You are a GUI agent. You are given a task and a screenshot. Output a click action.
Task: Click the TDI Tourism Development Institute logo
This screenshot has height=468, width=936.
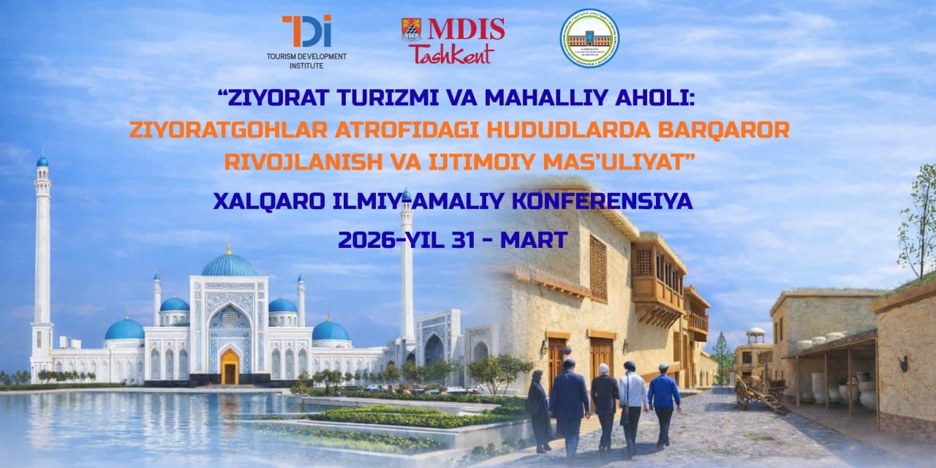tap(306, 41)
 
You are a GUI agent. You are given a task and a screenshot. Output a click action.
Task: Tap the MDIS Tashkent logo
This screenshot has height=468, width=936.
tap(453, 40)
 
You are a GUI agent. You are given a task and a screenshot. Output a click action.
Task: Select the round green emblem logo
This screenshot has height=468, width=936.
tap(589, 38)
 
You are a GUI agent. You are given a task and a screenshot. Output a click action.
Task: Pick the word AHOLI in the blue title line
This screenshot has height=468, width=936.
tap(670, 96)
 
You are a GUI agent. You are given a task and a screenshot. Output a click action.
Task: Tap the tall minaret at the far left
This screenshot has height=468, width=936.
tap(42, 249)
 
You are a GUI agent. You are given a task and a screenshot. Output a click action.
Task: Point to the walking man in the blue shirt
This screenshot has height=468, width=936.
tap(664, 399)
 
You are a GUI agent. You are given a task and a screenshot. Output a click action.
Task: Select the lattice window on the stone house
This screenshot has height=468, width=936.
tap(598, 267)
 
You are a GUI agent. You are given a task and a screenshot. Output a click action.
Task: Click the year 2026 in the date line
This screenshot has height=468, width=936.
tap(366, 239)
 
